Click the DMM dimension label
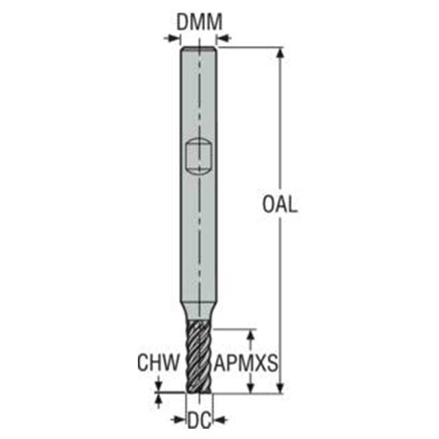200,22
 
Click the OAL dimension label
279,204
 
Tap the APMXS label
246,363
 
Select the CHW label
158,363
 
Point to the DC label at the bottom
200,420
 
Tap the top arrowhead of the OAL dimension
281,54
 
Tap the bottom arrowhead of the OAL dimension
281,387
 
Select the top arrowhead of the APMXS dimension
251,335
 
